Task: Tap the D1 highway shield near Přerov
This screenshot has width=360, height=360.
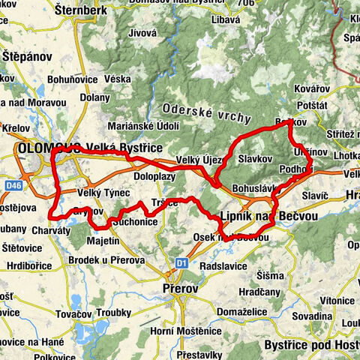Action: pyautogui.click(x=181, y=262)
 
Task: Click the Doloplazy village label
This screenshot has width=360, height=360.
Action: pyautogui.click(x=154, y=175)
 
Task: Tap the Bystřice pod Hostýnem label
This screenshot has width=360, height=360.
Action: pyautogui.click(x=311, y=345)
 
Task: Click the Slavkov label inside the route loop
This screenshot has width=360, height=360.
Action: pyautogui.click(x=253, y=160)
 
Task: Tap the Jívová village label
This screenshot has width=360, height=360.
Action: pyautogui.click(x=142, y=55)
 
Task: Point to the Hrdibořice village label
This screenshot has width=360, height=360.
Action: pyautogui.click(x=24, y=263)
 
